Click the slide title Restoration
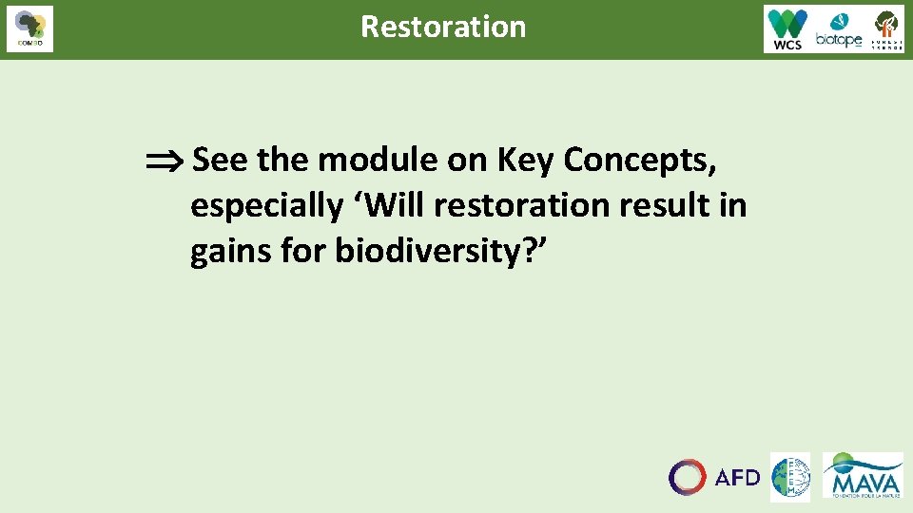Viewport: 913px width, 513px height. tap(443, 27)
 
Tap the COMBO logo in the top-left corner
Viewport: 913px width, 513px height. tap(29, 28)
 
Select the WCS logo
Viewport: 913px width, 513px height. tap(787, 28)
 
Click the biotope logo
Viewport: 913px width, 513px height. tap(838, 29)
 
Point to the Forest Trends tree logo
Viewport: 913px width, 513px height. tap(886, 28)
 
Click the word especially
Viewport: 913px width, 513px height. tap(266, 206)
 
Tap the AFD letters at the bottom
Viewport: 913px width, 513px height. tap(737, 477)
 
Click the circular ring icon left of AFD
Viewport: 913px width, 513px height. tap(687, 477)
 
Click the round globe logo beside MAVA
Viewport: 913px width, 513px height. tap(789, 477)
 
